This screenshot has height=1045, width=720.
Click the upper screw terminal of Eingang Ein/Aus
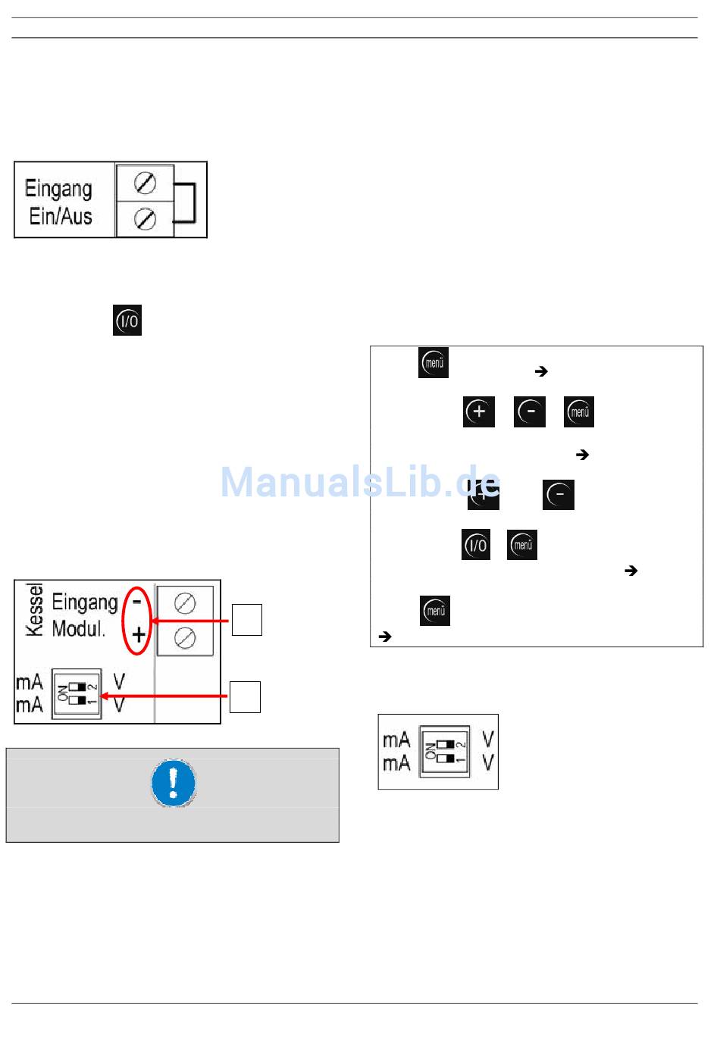[x=145, y=183]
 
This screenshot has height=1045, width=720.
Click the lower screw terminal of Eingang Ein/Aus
[x=145, y=219]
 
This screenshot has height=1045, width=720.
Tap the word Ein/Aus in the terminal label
[x=61, y=217]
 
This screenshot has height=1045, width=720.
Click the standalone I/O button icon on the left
[x=127, y=321]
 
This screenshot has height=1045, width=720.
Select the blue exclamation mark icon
[x=173, y=783]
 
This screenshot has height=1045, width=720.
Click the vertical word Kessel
[x=34, y=609]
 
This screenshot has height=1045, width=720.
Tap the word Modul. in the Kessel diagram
[x=79, y=629]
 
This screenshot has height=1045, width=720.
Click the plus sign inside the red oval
[x=139, y=634]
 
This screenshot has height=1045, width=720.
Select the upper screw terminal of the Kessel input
[x=185, y=603]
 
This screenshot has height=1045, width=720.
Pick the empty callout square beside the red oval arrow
[x=246, y=620]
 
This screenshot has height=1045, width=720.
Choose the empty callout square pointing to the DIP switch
[x=245, y=697]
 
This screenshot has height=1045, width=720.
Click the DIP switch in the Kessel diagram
[x=77, y=693]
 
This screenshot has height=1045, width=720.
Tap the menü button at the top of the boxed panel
[x=434, y=363]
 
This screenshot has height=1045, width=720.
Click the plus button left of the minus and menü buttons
[x=478, y=411]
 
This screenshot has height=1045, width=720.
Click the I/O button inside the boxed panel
[x=476, y=545]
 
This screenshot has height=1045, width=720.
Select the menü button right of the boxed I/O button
[x=522, y=545]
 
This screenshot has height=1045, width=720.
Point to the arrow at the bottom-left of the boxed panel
[x=384, y=637]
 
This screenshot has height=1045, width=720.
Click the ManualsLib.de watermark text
[x=360, y=482]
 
